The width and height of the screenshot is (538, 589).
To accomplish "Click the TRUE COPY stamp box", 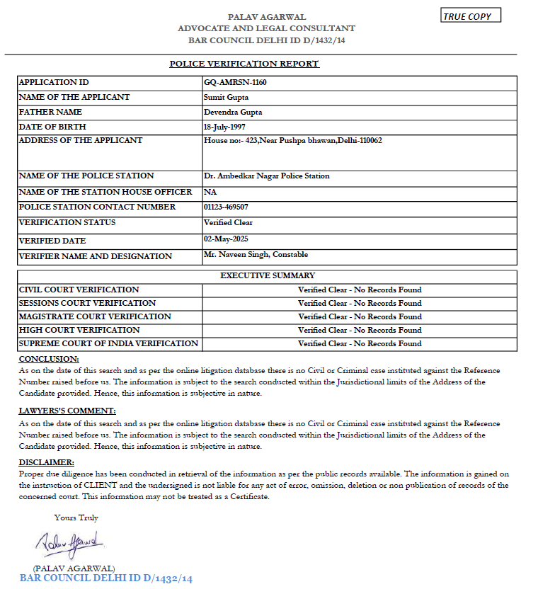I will click(471, 16).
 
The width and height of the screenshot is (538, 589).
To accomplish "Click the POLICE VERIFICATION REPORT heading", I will click(244, 64).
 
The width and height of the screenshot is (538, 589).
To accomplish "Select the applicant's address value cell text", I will click(292, 141).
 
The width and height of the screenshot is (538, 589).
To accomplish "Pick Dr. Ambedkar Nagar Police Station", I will click(266, 176).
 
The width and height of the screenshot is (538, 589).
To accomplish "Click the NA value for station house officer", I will click(210, 192).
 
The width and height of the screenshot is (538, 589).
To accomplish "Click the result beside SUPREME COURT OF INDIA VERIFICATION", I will click(360, 343).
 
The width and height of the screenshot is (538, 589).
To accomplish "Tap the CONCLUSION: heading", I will click(49, 359).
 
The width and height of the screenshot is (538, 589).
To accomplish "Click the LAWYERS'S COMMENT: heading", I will click(67, 411).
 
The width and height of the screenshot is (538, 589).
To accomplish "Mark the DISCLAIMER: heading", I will click(46, 462).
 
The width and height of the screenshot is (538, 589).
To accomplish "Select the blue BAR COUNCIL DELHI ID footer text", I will click(106, 578).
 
